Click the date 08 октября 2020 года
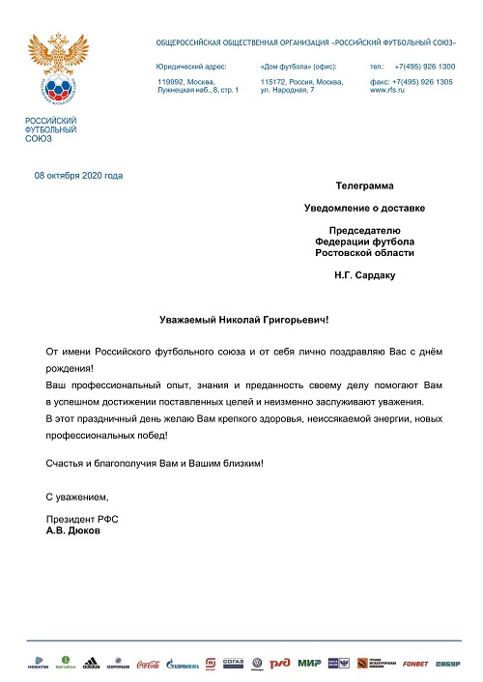(78, 176)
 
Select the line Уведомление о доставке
(364, 207)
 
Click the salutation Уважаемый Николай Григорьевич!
(250, 319)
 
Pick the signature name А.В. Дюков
(73, 531)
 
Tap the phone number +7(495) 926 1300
(424, 66)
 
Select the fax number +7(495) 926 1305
(426, 82)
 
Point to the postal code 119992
(170, 82)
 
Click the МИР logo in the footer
(309, 664)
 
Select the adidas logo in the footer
(91, 664)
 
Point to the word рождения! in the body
(70, 368)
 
